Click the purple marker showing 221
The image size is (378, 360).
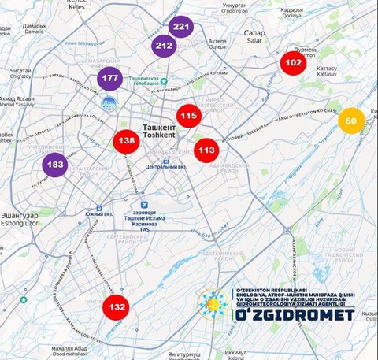pyautogui.click(x=182, y=27)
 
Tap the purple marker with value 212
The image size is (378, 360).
pyautogui.click(x=165, y=46)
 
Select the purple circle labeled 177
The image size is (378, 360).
pyautogui.click(x=109, y=79)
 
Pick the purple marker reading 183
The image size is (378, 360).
pyautogui.click(x=55, y=165)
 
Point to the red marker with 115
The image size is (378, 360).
pyautogui.click(x=188, y=116)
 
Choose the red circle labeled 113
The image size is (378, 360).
pyautogui.click(x=206, y=149)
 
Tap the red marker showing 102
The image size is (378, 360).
pyautogui.click(x=293, y=62)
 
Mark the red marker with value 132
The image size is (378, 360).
pyautogui.click(x=117, y=306)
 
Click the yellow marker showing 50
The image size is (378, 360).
pyautogui.click(x=351, y=121)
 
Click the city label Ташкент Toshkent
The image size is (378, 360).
pyautogui.click(x=164, y=131)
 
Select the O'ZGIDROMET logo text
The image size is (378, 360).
pyautogui.click(x=294, y=314)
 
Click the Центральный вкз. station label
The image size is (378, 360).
pyautogui.click(x=165, y=167)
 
